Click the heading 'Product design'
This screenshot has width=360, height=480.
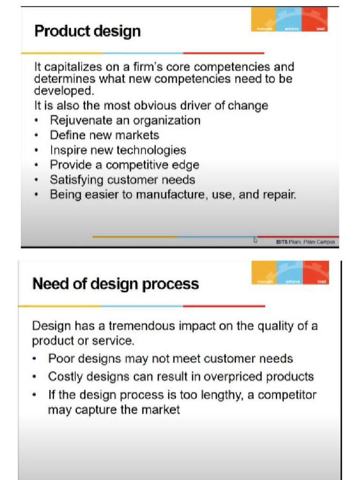pos(88,31)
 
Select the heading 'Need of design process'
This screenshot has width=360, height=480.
pos(115,284)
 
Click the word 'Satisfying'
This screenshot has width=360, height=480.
pos(76,180)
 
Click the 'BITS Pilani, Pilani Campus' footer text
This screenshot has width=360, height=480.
pos(305,242)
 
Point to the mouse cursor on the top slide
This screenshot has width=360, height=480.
pos(255,240)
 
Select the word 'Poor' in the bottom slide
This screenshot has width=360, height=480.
pos(60,359)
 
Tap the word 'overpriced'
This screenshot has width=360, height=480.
pos(240,376)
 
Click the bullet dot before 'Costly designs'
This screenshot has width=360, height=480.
pos(36,377)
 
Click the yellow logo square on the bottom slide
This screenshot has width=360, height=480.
pos(264,274)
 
